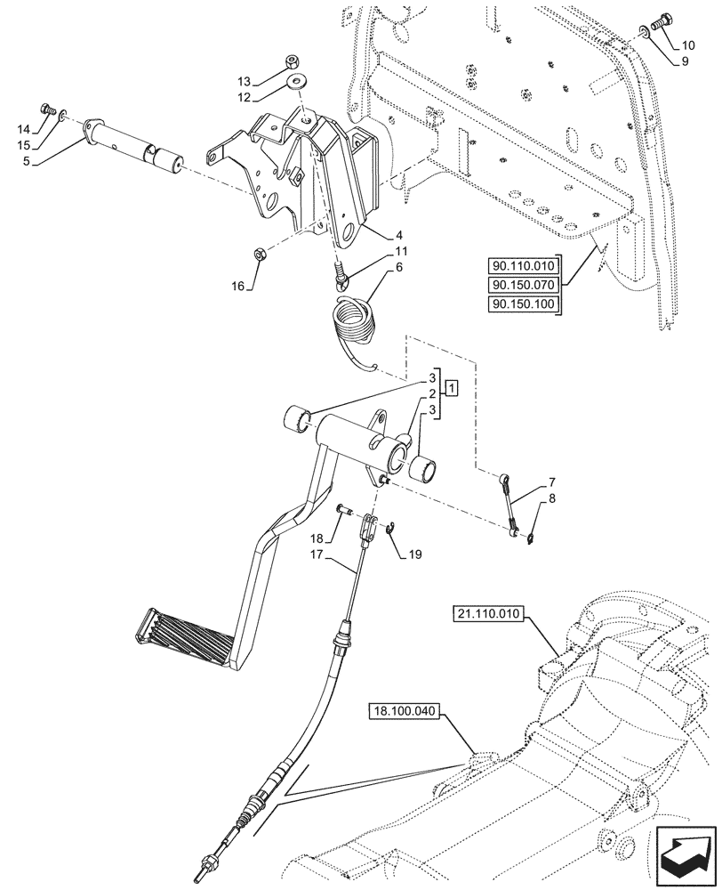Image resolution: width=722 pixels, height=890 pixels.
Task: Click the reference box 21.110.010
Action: [490, 613]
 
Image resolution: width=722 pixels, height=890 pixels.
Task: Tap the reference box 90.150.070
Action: [522, 285]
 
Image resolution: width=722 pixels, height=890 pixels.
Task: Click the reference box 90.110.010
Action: [522, 265]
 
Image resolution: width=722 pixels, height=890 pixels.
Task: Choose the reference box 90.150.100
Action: [522, 304]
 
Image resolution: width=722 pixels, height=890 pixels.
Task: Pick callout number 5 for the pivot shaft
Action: [26, 161]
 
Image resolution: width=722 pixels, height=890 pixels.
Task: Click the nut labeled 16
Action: [259, 255]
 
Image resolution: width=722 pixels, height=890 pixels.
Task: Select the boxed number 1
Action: [452, 388]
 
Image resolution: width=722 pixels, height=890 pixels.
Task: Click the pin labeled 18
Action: [344, 509]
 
